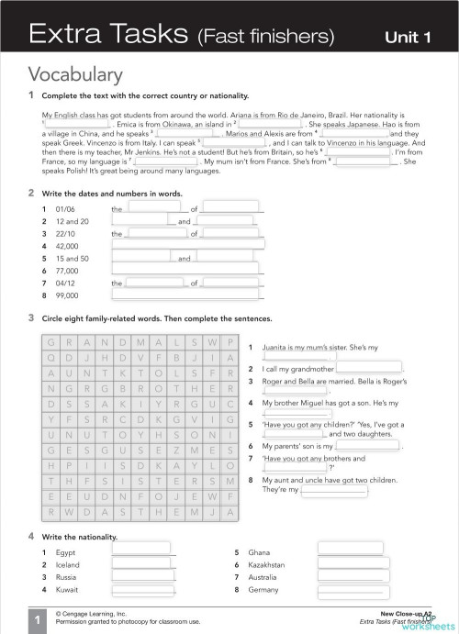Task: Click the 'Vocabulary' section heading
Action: (x=75, y=74)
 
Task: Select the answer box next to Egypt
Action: (x=140, y=550)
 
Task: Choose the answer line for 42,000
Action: (x=187, y=246)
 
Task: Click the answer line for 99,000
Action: (x=187, y=296)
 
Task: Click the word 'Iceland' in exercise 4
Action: (x=68, y=565)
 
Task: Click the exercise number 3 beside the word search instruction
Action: (x=31, y=317)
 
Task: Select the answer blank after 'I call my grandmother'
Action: (x=368, y=369)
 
